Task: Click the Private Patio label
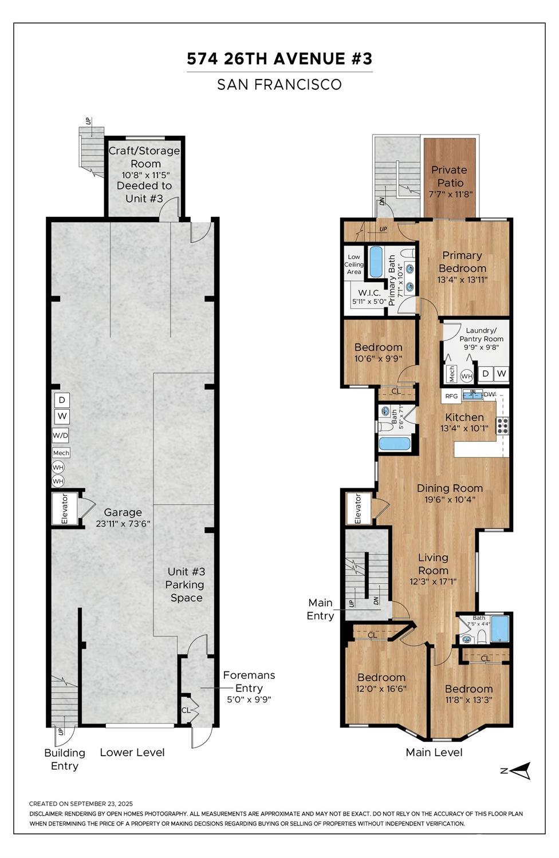(x=450, y=176)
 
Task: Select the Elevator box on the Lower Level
(x=65, y=509)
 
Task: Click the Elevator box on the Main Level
(x=359, y=508)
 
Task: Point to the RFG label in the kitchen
(x=451, y=396)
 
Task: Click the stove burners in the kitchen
(x=503, y=425)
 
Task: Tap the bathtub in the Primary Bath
(x=375, y=261)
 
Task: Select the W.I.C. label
(x=369, y=293)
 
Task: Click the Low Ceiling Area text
(x=354, y=264)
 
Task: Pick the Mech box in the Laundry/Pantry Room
(x=451, y=373)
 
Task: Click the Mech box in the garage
(x=61, y=453)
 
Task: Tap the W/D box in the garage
(x=61, y=435)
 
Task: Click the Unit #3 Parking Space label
(x=186, y=584)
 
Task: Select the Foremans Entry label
(x=249, y=682)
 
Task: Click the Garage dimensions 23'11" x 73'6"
(x=123, y=524)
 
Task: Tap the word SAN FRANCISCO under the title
(x=279, y=85)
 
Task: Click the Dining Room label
(x=450, y=488)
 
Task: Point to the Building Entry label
(x=64, y=759)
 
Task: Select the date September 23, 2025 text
(x=101, y=804)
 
